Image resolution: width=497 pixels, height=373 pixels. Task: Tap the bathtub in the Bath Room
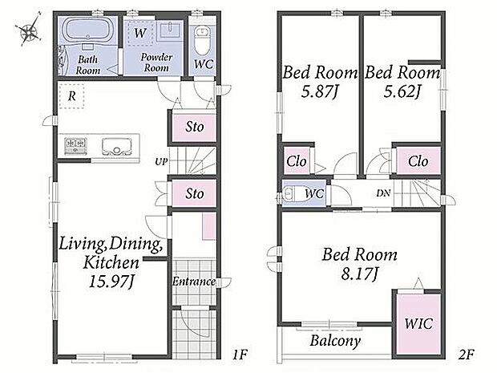pos(87,30)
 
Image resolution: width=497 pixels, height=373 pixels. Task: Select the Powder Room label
pos(156,63)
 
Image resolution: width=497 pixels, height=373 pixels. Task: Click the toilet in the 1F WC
pos(201,40)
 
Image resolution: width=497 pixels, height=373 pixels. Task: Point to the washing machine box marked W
pos(140,33)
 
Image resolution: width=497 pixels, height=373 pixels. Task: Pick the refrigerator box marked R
pos(72,96)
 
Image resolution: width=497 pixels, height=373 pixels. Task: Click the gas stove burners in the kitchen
pos(75,146)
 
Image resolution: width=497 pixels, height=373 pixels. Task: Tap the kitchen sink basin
pos(117,147)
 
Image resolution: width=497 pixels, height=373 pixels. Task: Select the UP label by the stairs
pos(161,162)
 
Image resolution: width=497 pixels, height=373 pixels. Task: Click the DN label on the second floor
pos(383,193)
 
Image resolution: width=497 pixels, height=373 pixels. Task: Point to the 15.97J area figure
pos(111,282)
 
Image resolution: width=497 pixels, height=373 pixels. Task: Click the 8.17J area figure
pos(359,274)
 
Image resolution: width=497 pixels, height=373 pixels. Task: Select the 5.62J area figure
pos(402,91)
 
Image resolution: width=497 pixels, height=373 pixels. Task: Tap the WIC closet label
pos(418,323)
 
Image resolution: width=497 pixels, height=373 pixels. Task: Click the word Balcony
pos(335,341)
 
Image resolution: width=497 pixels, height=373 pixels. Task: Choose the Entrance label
pos(194,282)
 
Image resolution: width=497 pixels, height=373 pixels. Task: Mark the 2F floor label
pos(466,355)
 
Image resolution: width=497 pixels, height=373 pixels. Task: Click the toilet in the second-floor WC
pos(291,193)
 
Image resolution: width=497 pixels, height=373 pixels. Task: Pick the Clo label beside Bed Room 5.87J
pos(297,161)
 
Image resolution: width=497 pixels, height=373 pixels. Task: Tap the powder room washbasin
pos(169,30)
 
